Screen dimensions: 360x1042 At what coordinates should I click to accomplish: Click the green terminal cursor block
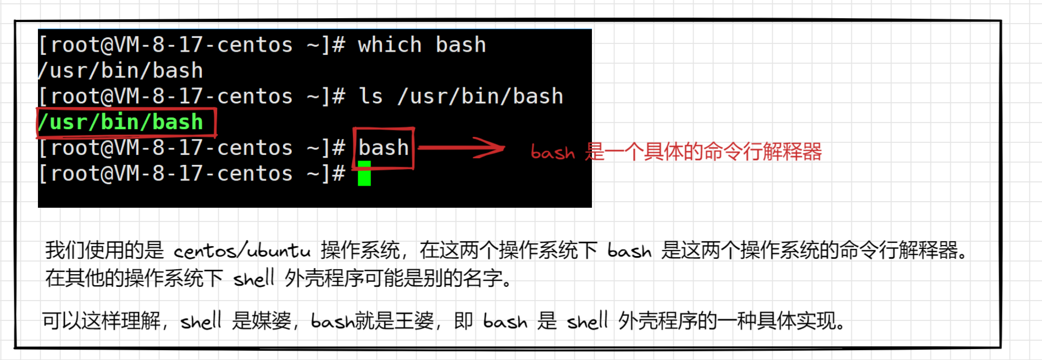[x=364, y=174]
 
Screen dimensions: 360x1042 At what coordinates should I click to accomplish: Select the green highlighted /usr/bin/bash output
[x=121, y=122]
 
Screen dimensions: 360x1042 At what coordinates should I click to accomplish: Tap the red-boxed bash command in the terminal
[x=384, y=148]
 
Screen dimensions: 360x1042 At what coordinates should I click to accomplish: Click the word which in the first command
[x=390, y=45]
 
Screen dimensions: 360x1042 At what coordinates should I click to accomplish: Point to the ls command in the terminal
[x=370, y=97]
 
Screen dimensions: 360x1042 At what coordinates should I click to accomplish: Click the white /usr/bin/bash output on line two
[x=121, y=71]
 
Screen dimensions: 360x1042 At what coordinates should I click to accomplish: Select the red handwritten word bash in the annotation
[x=552, y=152]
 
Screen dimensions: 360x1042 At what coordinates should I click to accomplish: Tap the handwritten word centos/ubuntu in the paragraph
[x=242, y=251]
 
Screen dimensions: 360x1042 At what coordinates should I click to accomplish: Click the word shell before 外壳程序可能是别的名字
[x=253, y=279]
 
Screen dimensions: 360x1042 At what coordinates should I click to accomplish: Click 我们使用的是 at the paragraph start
[x=104, y=251]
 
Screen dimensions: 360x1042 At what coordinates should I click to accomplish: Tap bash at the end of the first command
[x=461, y=45]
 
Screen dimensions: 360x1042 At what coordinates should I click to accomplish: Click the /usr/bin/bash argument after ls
[x=480, y=97]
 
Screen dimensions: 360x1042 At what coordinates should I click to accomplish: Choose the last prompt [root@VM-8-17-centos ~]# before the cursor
[x=192, y=174]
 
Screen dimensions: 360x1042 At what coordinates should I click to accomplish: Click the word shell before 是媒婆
[x=201, y=320]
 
